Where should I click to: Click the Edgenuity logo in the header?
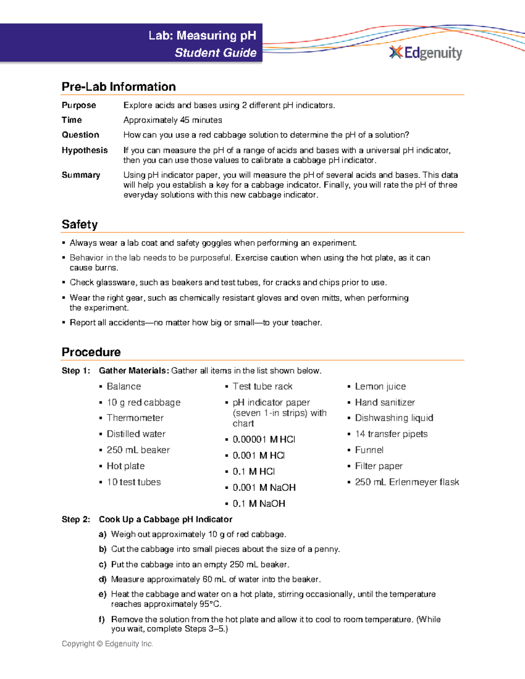click(x=426, y=53)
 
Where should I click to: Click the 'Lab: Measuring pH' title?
click(x=202, y=35)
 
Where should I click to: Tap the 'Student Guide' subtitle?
click(x=215, y=53)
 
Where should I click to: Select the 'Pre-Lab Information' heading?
click(x=119, y=87)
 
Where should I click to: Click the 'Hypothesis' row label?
click(x=84, y=150)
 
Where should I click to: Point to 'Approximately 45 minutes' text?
click(x=172, y=120)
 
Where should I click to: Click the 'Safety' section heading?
click(x=80, y=224)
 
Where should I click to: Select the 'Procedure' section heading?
click(x=91, y=352)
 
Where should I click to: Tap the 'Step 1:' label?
click(x=76, y=371)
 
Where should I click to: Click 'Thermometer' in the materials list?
click(x=135, y=418)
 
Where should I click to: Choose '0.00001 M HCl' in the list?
click(x=263, y=439)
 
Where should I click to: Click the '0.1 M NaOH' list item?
click(x=259, y=504)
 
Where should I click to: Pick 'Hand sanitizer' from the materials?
click(x=385, y=402)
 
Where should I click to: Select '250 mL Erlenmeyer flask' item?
click(x=406, y=482)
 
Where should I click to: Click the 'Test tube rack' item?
click(x=262, y=387)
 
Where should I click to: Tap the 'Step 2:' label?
click(x=76, y=519)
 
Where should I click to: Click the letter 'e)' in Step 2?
click(x=102, y=594)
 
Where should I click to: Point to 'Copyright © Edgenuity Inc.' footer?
click(x=107, y=644)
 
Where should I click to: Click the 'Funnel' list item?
click(x=369, y=450)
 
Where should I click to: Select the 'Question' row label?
click(x=80, y=135)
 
